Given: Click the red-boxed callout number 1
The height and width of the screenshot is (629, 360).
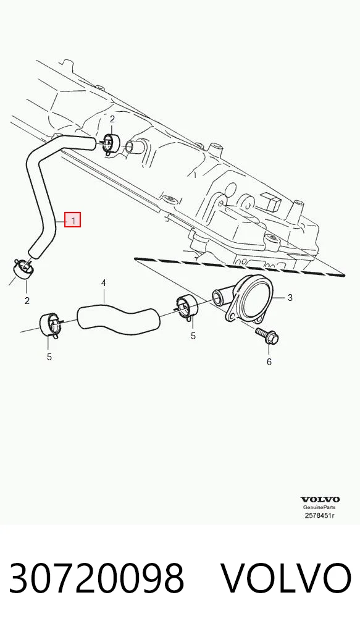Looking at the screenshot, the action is tap(73, 220).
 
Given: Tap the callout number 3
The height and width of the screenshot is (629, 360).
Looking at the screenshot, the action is tap(290, 298).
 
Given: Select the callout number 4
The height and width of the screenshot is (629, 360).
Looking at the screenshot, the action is tap(103, 283).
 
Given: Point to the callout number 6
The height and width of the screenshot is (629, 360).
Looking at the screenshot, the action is tap(269, 362).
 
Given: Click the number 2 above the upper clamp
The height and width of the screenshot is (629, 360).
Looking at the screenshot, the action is tap(112, 119).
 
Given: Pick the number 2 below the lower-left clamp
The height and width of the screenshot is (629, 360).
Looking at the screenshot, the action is tap(27, 300).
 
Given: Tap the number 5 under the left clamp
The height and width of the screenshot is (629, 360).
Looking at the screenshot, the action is tap(49, 357).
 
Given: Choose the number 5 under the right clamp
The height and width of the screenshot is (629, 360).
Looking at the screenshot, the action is tap(193, 336).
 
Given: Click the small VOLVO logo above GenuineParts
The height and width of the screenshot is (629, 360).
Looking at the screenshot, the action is tap(320, 499).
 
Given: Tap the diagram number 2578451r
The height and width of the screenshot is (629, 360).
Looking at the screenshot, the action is tap(319, 515).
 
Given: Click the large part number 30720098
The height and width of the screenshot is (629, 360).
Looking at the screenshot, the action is tap(96, 578).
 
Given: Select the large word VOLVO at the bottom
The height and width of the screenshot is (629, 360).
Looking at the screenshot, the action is tap(287, 578).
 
